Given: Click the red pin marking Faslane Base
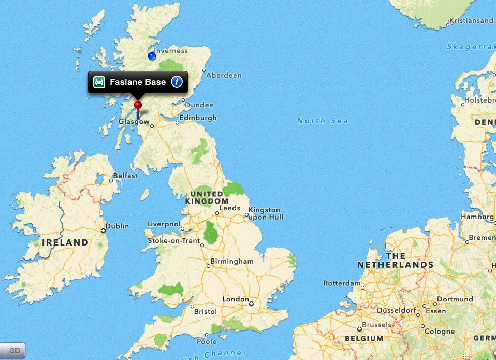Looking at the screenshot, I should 138,105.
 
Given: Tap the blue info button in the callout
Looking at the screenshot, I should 177,82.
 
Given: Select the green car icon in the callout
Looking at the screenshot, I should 99,82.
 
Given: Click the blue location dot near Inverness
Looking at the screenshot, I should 152,56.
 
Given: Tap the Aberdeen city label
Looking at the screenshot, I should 224,75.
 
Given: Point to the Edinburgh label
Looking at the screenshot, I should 198,118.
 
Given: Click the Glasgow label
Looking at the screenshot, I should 134,122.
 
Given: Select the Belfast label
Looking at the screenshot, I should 125,176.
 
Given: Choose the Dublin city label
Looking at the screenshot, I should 118,226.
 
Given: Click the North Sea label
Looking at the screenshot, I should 322,121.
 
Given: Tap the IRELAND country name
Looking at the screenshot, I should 65,242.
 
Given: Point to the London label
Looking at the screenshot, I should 236,299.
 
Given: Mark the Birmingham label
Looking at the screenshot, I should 232,262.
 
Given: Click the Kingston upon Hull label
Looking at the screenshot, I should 266,213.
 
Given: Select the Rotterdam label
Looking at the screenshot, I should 342,283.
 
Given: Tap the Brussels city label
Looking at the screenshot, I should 377,325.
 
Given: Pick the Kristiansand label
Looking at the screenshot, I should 472,21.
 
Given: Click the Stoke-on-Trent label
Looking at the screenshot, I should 174,241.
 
